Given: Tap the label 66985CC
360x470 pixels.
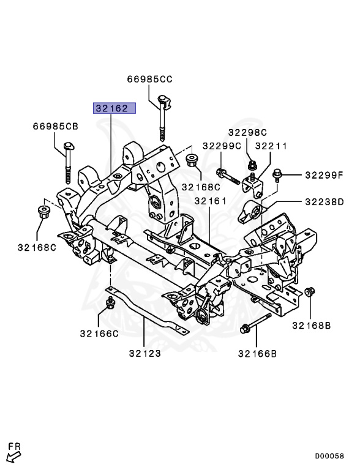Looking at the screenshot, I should pos(150,79).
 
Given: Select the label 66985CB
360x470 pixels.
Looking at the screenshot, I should pos(56,127).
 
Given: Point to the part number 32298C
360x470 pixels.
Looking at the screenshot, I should pos(248,132).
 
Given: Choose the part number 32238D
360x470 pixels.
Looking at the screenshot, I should pos(323,201).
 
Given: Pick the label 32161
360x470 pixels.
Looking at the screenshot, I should pos(211,201).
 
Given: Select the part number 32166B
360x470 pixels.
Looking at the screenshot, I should pos(257,353).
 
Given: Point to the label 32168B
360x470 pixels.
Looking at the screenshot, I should pos(311,326).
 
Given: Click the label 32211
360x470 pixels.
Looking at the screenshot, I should pos(271,146).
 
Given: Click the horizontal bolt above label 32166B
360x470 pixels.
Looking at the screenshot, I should pos(257,323).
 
